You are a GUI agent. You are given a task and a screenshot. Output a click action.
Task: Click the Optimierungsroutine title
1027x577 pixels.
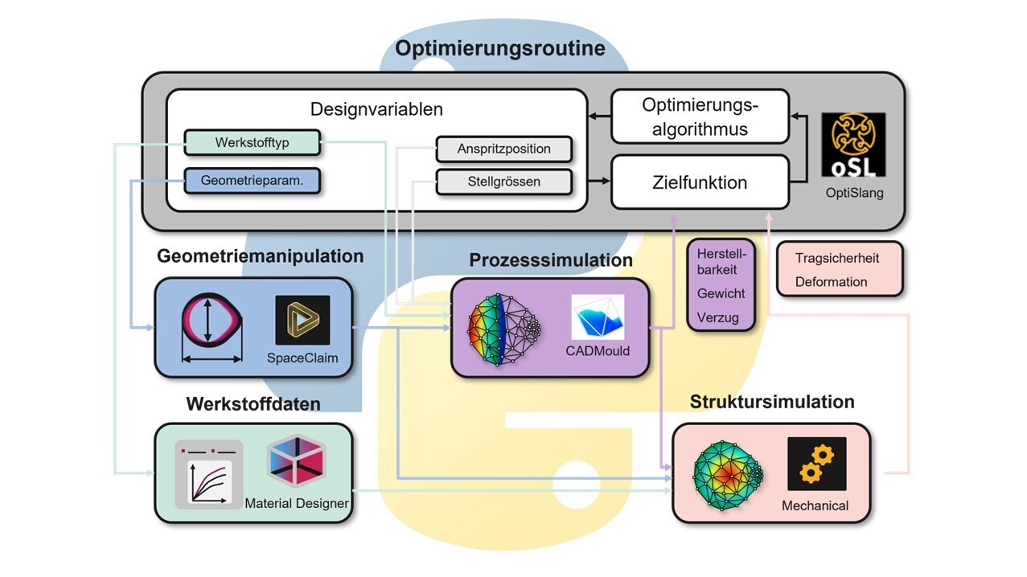(499, 48)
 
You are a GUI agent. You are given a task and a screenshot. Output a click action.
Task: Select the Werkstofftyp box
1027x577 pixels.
(252, 143)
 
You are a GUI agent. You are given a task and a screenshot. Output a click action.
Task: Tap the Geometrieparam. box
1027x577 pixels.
(252, 181)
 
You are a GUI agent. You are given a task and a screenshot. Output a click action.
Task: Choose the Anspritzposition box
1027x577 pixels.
(504, 149)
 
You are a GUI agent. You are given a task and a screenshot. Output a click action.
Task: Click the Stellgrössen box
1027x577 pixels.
(504, 182)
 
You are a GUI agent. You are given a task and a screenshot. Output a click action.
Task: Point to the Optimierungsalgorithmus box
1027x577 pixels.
(700, 117)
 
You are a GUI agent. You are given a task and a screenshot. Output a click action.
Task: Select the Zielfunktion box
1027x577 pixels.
(700, 182)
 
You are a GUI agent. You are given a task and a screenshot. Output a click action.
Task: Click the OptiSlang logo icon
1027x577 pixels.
(853, 145)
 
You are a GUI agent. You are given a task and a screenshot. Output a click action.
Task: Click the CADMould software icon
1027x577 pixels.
(598, 317)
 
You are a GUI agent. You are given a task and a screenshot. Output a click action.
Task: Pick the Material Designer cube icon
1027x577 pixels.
(295, 460)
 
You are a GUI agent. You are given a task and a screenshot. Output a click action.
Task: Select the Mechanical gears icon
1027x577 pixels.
(816, 464)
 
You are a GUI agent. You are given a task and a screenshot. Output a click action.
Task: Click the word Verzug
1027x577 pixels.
(717, 317)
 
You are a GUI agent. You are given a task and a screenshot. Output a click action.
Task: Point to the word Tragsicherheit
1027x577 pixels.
(836, 258)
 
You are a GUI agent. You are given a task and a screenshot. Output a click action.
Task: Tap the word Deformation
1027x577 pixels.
(831, 282)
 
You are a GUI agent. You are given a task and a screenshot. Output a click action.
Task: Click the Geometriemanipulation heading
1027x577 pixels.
(260, 256)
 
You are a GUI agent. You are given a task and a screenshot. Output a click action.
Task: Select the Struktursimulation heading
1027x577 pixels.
(772, 402)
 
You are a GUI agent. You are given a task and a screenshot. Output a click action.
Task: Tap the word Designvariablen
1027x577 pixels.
(376, 108)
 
